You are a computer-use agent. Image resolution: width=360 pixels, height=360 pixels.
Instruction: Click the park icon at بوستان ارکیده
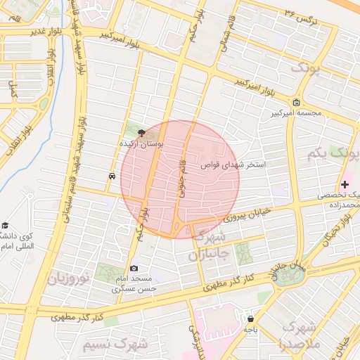(142, 132)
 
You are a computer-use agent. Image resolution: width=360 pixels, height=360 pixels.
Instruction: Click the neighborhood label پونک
(309, 67)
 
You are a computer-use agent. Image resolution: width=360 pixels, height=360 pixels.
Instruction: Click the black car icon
(112, 176)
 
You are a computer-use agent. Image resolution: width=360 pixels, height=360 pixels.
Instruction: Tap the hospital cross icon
(344, 184)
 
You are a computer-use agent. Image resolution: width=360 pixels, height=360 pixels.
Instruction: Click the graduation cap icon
(6, 225)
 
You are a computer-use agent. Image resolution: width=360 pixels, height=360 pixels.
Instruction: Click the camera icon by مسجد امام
(134, 267)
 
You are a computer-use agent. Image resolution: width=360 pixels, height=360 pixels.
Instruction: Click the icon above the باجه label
(250, 319)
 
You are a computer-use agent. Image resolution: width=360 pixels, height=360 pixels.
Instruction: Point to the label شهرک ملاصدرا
(299, 336)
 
